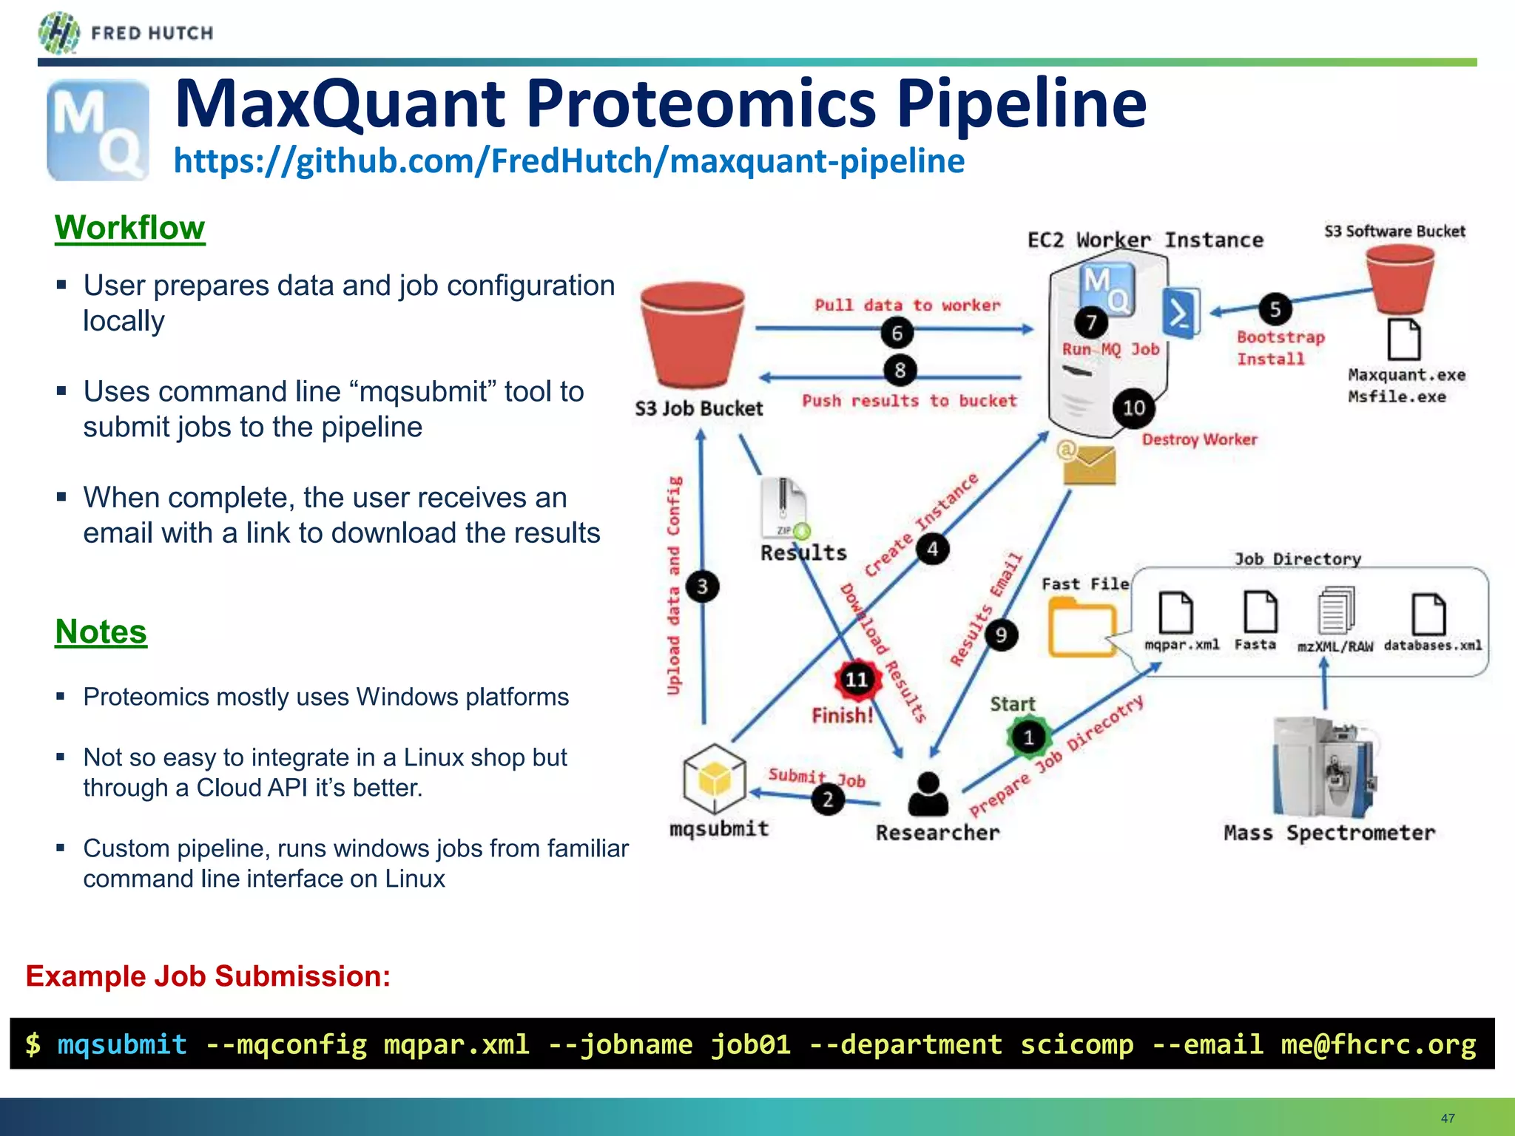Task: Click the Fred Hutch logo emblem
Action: pos(58,33)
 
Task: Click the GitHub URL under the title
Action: pos(568,161)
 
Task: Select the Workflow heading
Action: pos(129,228)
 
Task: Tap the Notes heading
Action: pos(101,632)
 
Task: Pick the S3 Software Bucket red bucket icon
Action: pos(1399,279)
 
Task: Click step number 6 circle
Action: pos(897,333)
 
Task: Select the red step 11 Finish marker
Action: pos(857,679)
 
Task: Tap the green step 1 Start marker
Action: pos(1028,737)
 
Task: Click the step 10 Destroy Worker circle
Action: pos(1133,408)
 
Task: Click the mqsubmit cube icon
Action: pos(715,779)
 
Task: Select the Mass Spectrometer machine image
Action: pos(1324,766)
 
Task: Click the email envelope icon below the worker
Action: pos(1087,463)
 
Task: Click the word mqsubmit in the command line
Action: pos(122,1044)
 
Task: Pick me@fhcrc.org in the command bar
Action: pos(1378,1044)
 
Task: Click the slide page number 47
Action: pos(1448,1118)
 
